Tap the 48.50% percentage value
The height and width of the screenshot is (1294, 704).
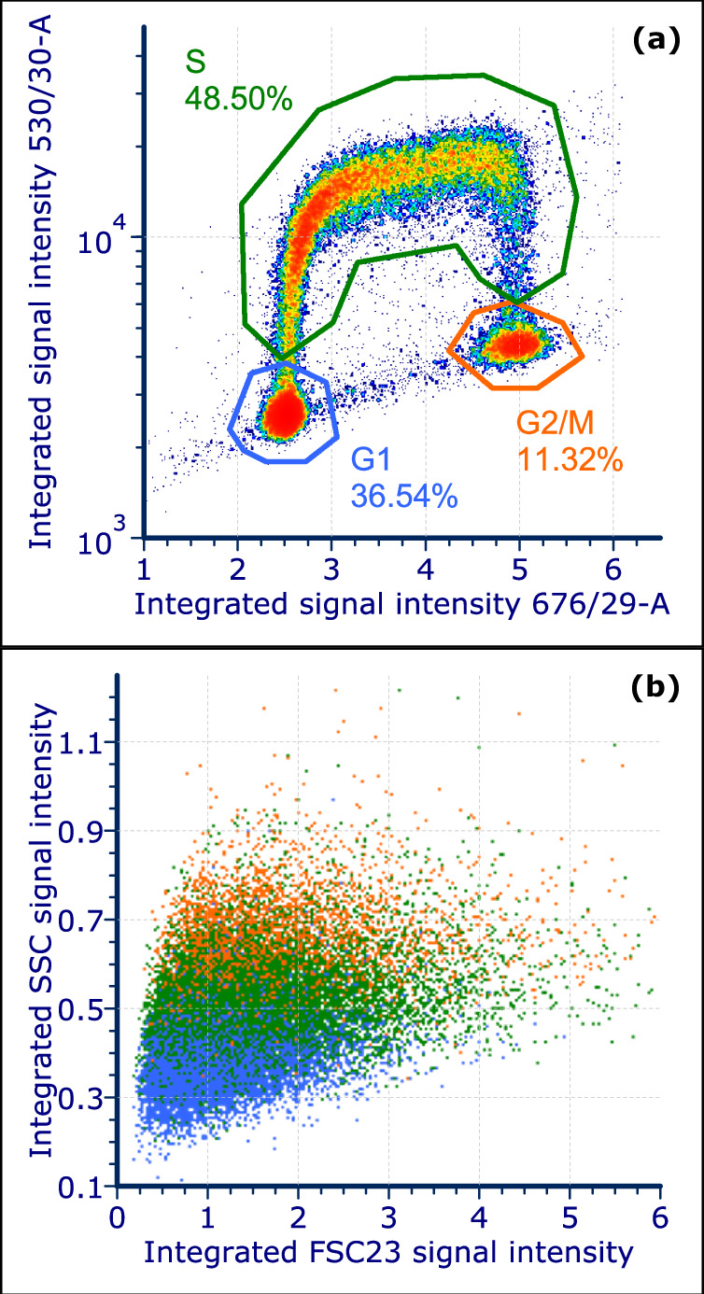tap(238, 96)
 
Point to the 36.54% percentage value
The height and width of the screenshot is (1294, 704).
tap(403, 495)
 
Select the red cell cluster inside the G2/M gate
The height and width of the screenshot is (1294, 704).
tap(513, 344)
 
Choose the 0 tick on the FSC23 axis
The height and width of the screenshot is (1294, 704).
tap(117, 1218)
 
